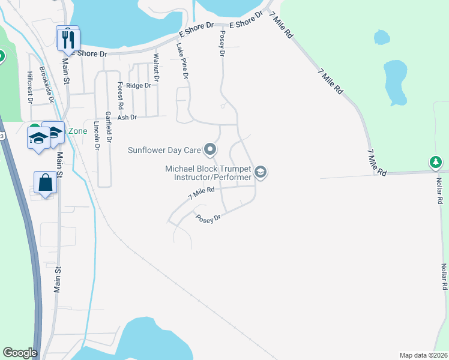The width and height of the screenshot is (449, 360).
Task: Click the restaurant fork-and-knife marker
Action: (68, 40)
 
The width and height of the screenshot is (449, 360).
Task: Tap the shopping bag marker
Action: (46, 182)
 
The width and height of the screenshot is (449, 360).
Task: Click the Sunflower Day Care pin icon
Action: (209, 149)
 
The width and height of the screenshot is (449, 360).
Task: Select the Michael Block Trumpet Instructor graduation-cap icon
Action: (261, 173)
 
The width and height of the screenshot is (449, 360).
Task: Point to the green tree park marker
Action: (436, 162)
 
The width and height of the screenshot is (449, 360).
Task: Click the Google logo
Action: (20, 353)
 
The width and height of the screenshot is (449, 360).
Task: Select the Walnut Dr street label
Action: (156, 67)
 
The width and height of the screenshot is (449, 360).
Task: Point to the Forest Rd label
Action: (121, 95)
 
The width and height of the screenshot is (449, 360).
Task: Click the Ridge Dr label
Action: (139, 86)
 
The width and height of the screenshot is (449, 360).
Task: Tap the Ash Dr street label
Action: (127, 118)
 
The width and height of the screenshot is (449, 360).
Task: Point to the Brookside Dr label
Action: (47, 83)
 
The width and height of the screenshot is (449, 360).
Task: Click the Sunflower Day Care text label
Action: (164, 149)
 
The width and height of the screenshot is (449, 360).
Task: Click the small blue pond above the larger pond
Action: (381, 38)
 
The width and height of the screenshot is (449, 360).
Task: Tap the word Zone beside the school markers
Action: (77, 131)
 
